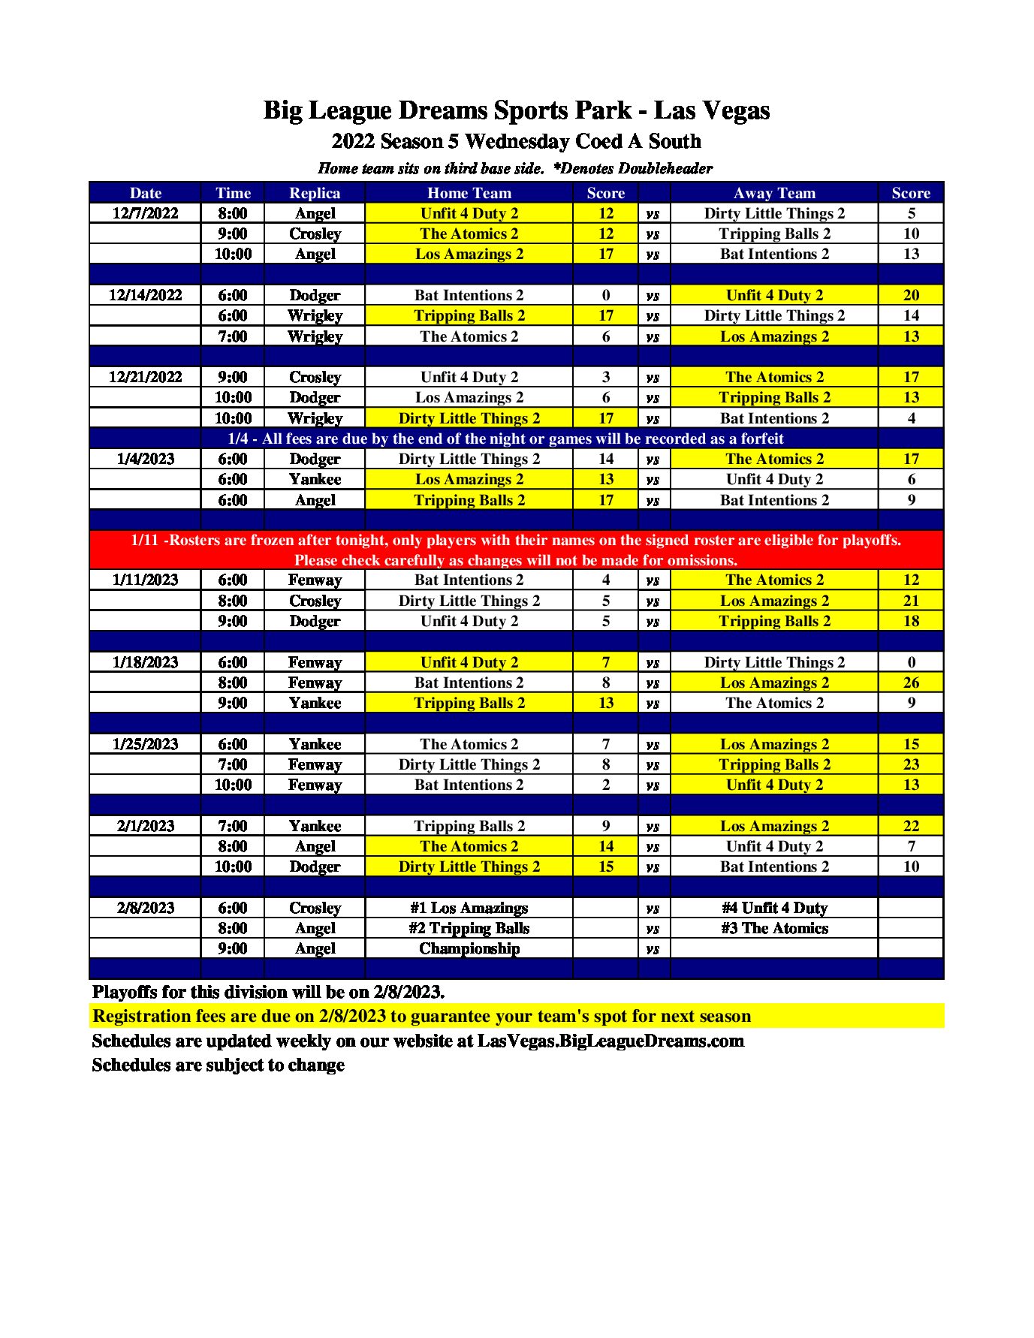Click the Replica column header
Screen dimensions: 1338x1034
(x=315, y=193)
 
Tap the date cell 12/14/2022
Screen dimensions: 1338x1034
(x=145, y=295)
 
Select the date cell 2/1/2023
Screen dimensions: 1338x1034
(x=145, y=826)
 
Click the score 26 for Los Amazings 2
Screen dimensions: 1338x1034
(x=910, y=683)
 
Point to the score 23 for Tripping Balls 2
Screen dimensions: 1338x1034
(x=910, y=764)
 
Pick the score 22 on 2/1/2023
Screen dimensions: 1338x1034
(x=910, y=826)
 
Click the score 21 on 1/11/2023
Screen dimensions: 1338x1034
(x=910, y=601)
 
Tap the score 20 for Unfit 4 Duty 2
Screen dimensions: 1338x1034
(x=910, y=295)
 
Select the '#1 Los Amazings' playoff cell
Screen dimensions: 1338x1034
(x=469, y=908)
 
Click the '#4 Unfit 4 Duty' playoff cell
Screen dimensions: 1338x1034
(x=774, y=908)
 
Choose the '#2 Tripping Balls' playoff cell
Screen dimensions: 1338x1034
(x=469, y=928)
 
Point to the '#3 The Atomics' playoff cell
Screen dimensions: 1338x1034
(x=774, y=928)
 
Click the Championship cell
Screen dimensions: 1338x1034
(x=469, y=948)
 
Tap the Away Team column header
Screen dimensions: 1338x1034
(x=774, y=193)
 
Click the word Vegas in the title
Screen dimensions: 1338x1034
(x=733, y=110)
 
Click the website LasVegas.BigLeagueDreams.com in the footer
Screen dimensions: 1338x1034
(x=610, y=1041)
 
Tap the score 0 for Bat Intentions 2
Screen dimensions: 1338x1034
(x=605, y=295)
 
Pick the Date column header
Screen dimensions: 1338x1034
(x=145, y=193)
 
